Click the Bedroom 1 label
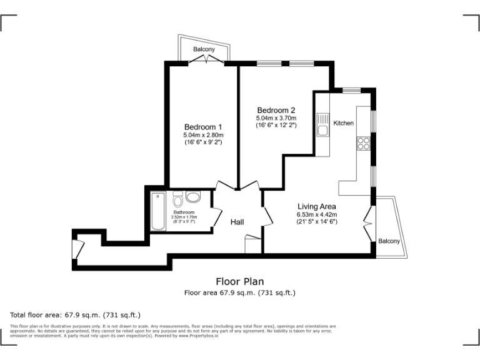(203, 127)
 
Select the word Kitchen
(343, 123)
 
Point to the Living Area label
(317, 207)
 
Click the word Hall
(237, 222)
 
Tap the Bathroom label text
(184, 212)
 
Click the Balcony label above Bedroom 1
(204, 49)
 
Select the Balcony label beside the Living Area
(389, 241)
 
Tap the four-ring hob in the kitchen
(363, 143)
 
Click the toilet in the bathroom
(177, 199)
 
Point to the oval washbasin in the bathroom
(193, 197)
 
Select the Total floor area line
(76, 314)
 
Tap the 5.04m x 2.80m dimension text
(203, 135)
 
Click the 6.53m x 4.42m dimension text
(317, 215)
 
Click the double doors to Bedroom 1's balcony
(204, 60)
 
